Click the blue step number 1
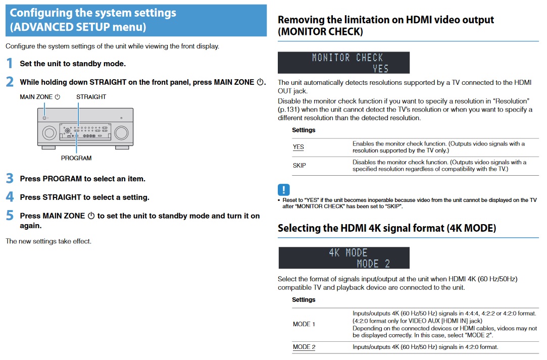(x=10, y=64)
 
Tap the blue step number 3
(x=10, y=178)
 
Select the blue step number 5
(x=10, y=216)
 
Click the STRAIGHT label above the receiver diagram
(x=91, y=97)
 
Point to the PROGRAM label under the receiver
(x=76, y=158)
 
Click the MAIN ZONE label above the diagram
(x=36, y=97)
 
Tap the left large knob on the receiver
(x=49, y=133)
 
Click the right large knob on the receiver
(x=121, y=133)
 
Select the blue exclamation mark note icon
(x=284, y=190)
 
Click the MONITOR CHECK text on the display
(x=347, y=58)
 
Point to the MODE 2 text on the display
(x=373, y=264)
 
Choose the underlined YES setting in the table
(x=299, y=147)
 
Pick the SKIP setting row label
(x=300, y=165)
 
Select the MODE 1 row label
(x=304, y=324)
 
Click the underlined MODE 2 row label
(x=304, y=347)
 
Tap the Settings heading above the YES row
(x=304, y=130)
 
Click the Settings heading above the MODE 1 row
(x=304, y=299)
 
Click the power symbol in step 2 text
(x=260, y=82)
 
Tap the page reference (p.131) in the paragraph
(x=288, y=110)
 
